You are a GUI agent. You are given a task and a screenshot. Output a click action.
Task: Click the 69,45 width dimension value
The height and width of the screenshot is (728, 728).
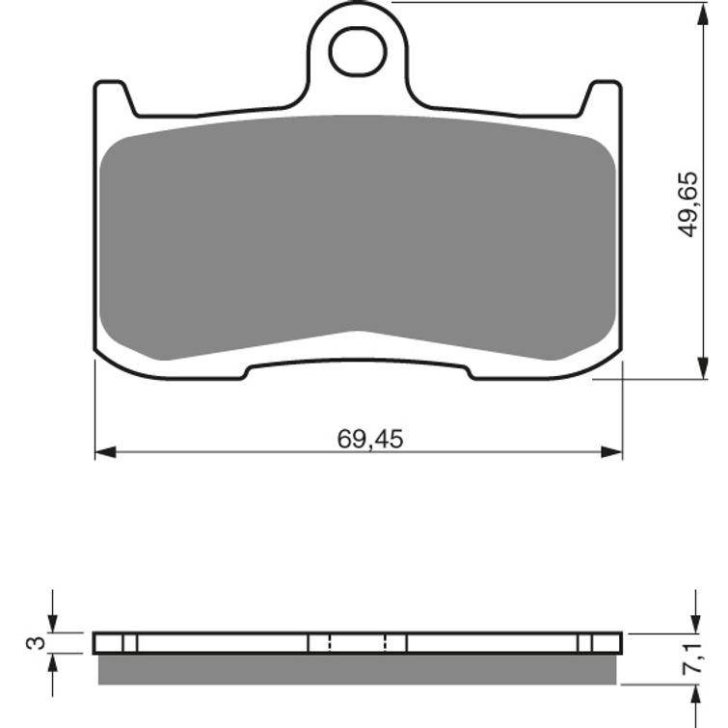pyautogui.click(x=370, y=440)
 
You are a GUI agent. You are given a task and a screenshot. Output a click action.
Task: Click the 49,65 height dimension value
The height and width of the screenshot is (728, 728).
pyautogui.click(x=688, y=204)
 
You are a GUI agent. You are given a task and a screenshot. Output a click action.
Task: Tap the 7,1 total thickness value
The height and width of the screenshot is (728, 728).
pyautogui.click(x=692, y=658)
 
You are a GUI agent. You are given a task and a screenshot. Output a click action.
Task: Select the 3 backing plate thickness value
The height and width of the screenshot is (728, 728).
pyautogui.click(x=37, y=642)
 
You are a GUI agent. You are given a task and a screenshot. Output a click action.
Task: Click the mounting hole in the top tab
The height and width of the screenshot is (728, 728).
pyautogui.click(x=358, y=51)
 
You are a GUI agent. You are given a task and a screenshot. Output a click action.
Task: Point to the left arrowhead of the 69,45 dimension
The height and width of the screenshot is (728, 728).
pyautogui.click(x=105, y=452)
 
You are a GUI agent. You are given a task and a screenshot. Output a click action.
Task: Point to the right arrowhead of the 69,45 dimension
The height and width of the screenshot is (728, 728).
pyautogui.click(x=611, y=452)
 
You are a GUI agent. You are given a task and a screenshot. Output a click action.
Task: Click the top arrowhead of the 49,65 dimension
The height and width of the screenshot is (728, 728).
pyautogui.click(x=704, y=13)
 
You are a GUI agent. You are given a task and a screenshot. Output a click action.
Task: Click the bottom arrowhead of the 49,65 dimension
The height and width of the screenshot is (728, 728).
pyautogui.click(x=704, y=368)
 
